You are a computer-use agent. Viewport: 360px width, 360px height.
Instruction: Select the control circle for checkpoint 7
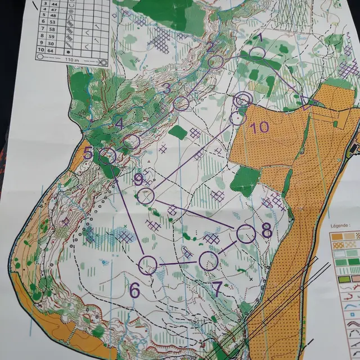(x=208, y=260)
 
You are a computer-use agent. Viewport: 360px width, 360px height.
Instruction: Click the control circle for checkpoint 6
(x=147, y=264)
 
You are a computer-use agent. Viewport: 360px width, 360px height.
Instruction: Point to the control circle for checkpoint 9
(x=145, y=196)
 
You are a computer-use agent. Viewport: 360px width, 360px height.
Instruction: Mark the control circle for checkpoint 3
(x=181, y=103)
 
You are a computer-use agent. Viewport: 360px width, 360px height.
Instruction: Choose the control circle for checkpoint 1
(x=257, y=53)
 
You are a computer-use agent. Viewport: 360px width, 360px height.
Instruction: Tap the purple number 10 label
(x=259, y=127)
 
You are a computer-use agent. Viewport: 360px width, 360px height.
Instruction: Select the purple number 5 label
(x=88, y=152)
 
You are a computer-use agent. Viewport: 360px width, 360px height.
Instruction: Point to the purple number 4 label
(x=119, y=124)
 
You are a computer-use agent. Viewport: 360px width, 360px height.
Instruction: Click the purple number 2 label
(x=210, y=46)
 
